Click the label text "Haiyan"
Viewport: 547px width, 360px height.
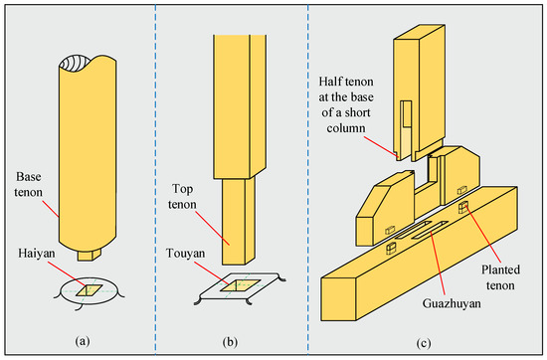(x=37, y=253)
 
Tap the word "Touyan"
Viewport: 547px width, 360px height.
(x=185, y=253)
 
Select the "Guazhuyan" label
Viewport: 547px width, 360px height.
(x=452, y=303)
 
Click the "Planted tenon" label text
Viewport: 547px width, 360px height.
(x=500, y=277)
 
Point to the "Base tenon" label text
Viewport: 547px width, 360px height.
(x=28, y=184)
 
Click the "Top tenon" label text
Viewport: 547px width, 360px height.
(x=182, y=196)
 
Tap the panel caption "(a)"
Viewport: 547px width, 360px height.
(x=83, y=341)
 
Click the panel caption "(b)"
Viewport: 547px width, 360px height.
(x=230, y=342)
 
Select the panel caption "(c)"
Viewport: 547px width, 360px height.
(x=423, y=343)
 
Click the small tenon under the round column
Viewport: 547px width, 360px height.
(x=90, y=255)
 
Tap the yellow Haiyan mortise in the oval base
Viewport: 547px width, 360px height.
(x=90, y=290)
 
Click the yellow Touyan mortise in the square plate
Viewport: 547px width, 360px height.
(x=240, y=285)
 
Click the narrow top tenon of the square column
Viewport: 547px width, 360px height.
(x=239, y=221)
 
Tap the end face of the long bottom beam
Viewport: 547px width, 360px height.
(x=339, y=299)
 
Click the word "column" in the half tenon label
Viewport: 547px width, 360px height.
(x=346, y=128)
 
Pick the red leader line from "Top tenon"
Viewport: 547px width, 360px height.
(x=212, y=227)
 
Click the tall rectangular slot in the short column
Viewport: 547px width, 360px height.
(x=406, y=113)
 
